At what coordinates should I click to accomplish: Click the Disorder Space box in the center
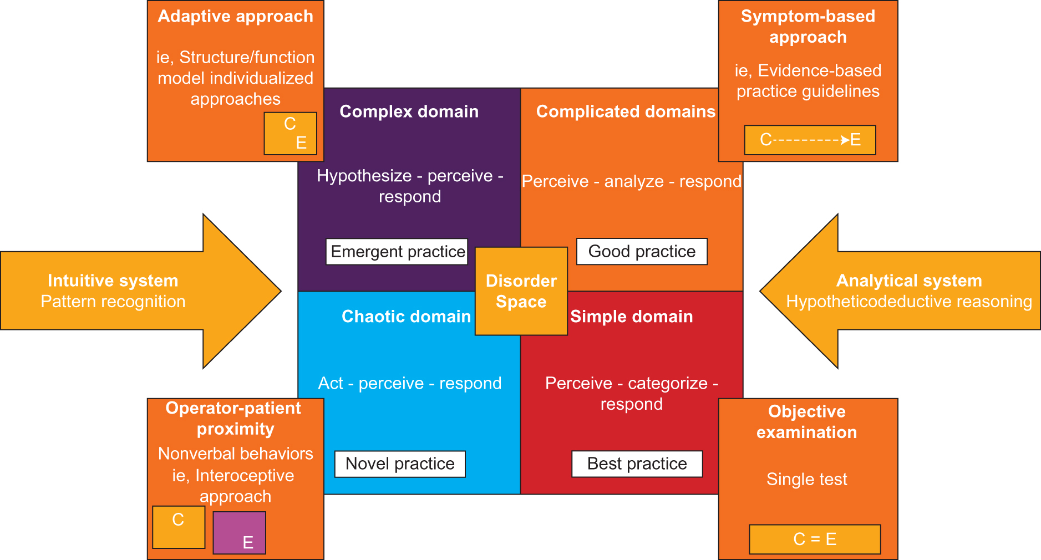tap(521, 291)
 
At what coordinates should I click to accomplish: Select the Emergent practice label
tap(397, 252)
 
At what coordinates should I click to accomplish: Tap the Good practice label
tap(642, 252)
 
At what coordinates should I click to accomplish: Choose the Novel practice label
tap(400, 464)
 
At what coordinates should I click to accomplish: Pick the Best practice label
tap(637, 464)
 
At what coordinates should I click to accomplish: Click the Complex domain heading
tap(409, 111)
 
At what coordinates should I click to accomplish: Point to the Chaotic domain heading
tap(406, 317)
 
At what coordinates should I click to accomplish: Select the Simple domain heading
tap(631, 317)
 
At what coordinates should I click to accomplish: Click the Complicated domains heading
tap(626, 111)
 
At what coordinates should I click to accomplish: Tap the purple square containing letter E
tap(239, 533)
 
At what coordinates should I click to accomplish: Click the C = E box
tap(814, 539)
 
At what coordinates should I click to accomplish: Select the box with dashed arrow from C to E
tap(810, 140)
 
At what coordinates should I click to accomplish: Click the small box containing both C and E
tap(290, 134)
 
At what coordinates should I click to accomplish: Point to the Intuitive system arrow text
tap(113, 281)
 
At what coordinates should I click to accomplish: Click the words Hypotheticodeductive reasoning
tap(908, 302)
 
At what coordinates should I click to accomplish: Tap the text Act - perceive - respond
tap(409, 383)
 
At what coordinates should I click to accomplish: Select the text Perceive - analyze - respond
tap(631, 181)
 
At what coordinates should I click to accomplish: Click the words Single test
tap(806, 479)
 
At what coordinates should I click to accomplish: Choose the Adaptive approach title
tap(235, 17)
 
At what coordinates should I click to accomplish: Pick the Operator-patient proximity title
tap(233, 418)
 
